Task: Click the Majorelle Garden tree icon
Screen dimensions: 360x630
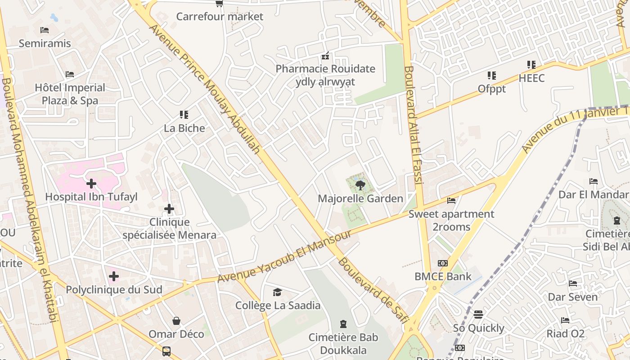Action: (x=360, y=185)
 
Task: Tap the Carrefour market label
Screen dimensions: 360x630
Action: (x=220, y=17)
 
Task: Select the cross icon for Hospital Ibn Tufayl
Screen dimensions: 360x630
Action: (x=91, y=184)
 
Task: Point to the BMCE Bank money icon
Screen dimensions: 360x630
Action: (x=443, y=263)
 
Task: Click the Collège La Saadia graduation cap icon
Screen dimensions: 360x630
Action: (x=278, y=292)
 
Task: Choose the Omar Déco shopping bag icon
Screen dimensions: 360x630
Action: (x=176, y=321)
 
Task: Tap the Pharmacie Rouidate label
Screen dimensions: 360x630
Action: (x=325, y=69)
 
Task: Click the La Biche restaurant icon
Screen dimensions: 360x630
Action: (x=184, y=115)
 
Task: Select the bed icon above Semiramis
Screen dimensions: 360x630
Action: (x=45, y=30)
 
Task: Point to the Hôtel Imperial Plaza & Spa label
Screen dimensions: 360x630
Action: (x=70, y=94)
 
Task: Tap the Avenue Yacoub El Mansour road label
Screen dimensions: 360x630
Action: (x=284, y=257)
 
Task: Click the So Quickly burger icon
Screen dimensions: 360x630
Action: (x=478, y=314)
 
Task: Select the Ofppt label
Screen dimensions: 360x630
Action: (x=491, y=89)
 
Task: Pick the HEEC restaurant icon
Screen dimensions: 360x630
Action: (x=531, y=65)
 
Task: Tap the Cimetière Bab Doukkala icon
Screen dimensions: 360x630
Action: (x=343, y=324)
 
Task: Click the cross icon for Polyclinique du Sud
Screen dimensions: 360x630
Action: (x=114, y=276)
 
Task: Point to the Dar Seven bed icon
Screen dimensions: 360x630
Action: (x=573, y=283)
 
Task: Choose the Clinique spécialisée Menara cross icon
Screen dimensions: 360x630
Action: (x=169, y=209)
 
